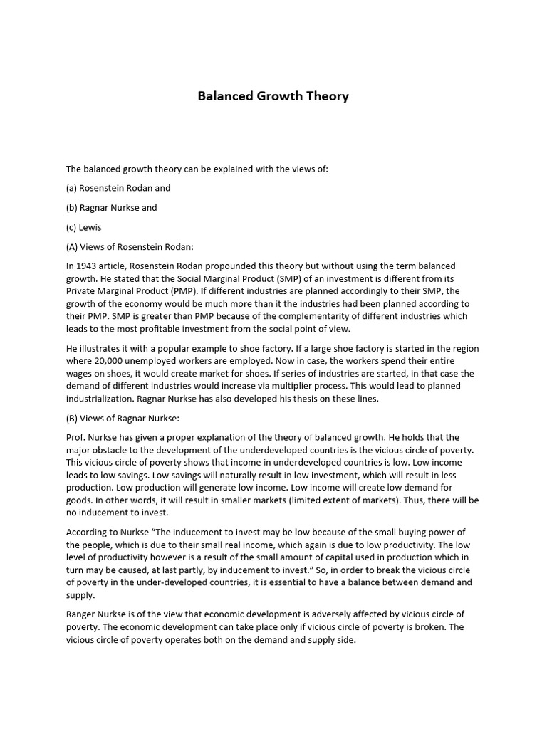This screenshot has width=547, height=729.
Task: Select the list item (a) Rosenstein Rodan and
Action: [118, 189]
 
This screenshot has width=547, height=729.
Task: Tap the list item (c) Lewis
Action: [84, 227]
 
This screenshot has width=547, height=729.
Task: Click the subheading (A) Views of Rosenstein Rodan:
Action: [125, 246]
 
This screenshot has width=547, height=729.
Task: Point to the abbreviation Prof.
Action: [76, 437]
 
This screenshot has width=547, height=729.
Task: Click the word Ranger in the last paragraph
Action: [82, 614]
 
